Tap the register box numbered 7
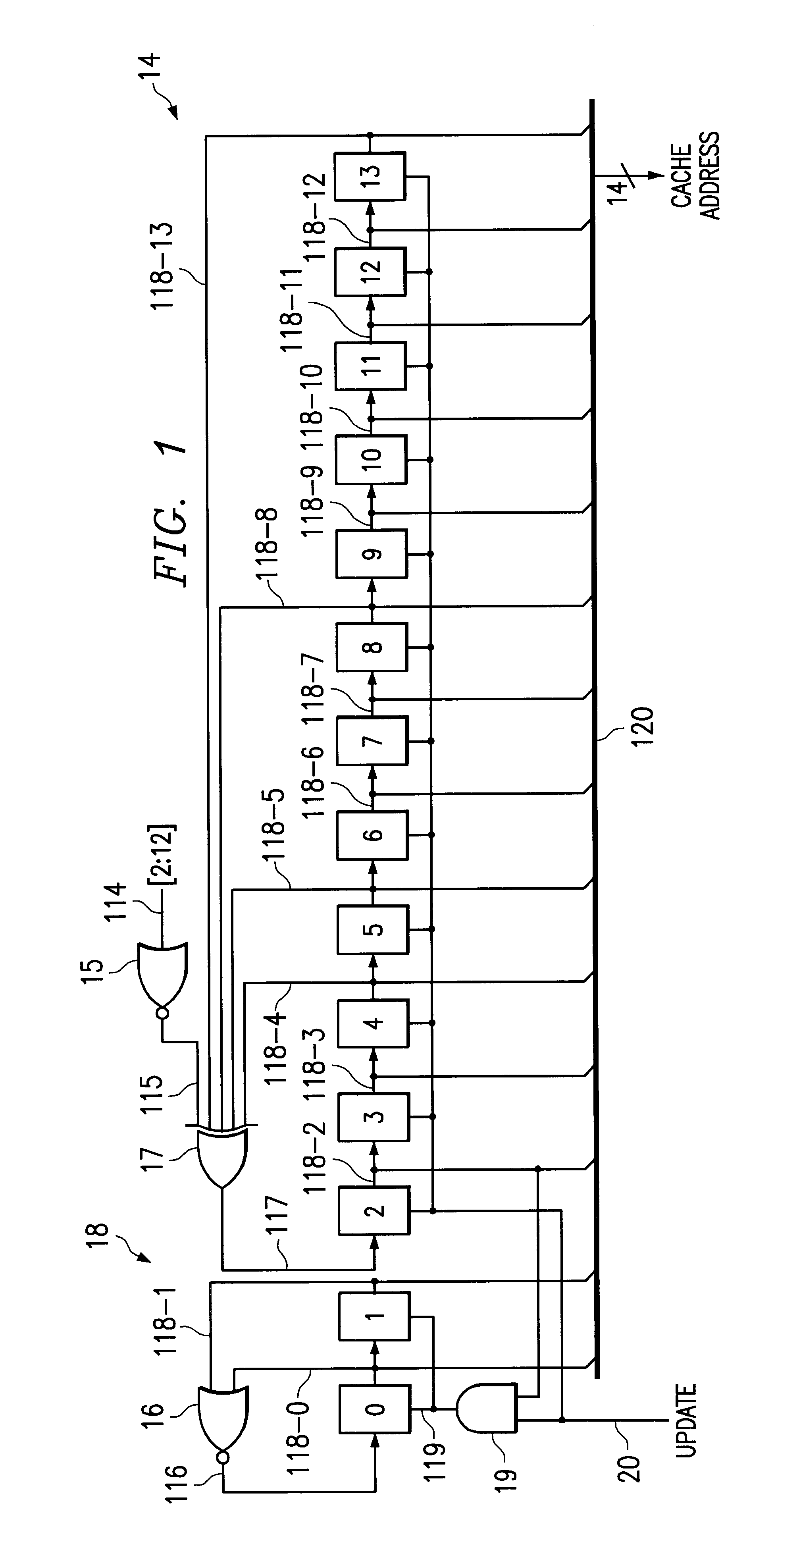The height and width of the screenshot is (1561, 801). pos(372,740)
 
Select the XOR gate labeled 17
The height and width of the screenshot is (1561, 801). pos(222,1154)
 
